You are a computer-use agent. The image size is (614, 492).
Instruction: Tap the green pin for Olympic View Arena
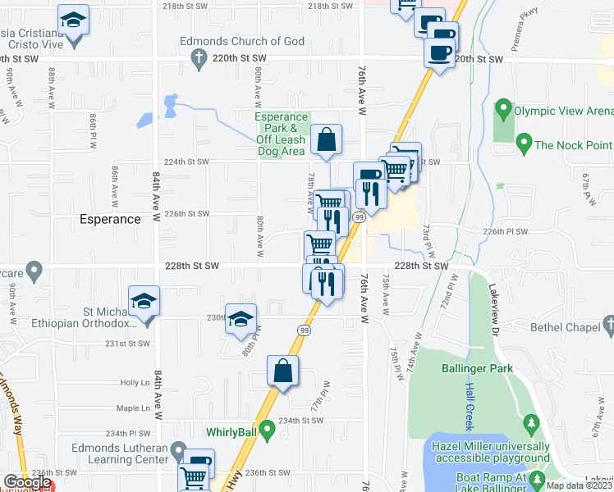click(x=502, y=109)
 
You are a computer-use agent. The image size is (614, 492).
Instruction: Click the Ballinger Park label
click(x=476, y=369)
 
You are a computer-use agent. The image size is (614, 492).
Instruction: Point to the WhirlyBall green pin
click(x=265, y=429)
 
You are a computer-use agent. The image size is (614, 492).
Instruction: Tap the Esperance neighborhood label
click(x=110, y=220)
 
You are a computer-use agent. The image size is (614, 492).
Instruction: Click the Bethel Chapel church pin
click(x=607, y=327)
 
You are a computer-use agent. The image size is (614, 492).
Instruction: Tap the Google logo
click(x=27, y=483)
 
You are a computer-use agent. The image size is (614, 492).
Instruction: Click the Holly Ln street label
click(x=131, y=382)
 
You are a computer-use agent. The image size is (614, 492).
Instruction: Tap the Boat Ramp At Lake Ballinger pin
click(x=537, y=478)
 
